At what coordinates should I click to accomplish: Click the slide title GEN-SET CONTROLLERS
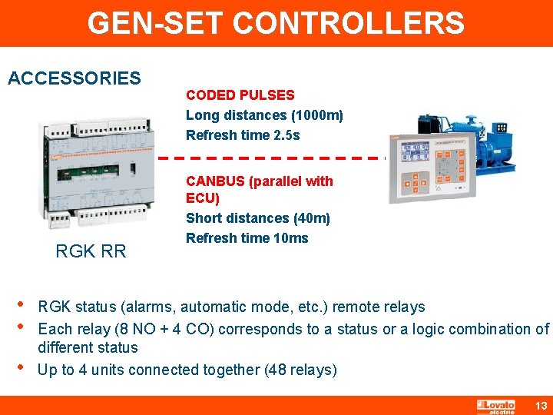click(276, 23)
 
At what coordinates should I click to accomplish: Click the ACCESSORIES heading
click(74, 78)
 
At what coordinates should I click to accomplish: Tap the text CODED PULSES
click(240, 95)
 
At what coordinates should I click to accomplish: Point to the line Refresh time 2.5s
click(243, 135)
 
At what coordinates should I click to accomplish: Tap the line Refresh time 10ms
click(247, 238)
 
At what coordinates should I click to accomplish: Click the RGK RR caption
click(91, 251)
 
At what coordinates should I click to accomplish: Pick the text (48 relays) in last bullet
click(300, 370)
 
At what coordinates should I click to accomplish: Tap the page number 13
click(540, 405)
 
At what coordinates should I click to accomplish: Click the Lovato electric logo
click(496, 406)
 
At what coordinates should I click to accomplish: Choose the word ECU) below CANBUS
click(203, 198)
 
